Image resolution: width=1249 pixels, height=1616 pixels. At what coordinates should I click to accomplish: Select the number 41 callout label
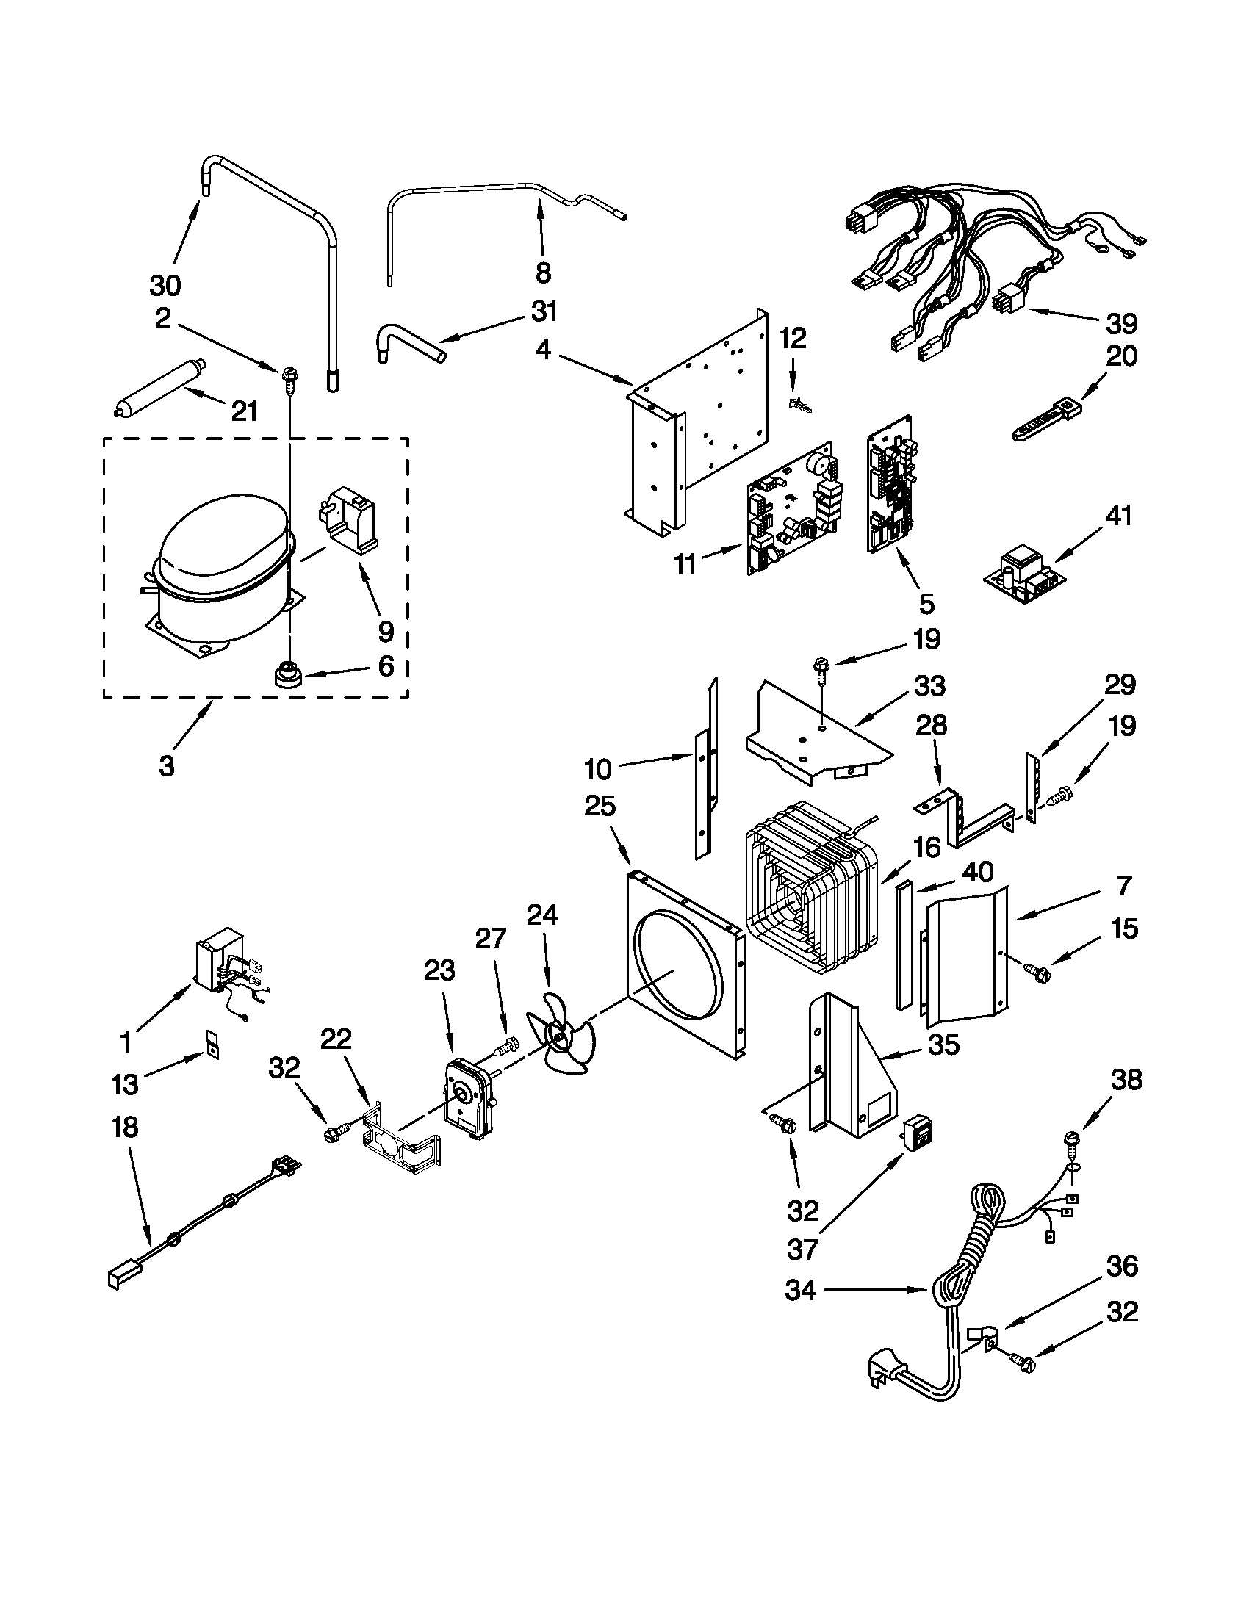1119,516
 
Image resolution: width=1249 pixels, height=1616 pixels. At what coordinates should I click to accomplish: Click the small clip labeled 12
799,405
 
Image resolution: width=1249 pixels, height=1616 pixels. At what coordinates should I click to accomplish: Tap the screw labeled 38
1070,1140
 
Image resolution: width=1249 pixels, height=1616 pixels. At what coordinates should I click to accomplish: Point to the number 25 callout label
600,807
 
